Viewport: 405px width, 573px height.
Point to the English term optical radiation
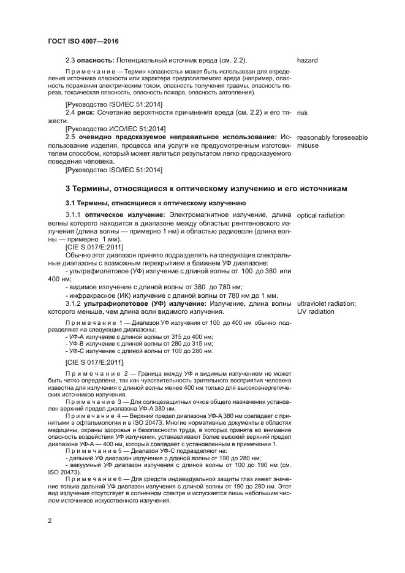(x=320, y=216)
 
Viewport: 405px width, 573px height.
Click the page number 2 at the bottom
(x=50, y=521)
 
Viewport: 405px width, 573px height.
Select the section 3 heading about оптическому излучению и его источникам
(x=206, y=188)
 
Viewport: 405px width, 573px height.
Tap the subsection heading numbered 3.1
(x=156, y=203)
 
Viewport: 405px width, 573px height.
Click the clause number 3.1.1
(x=74, y=216)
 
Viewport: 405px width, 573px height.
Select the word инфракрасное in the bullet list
(x=91, y=295)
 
